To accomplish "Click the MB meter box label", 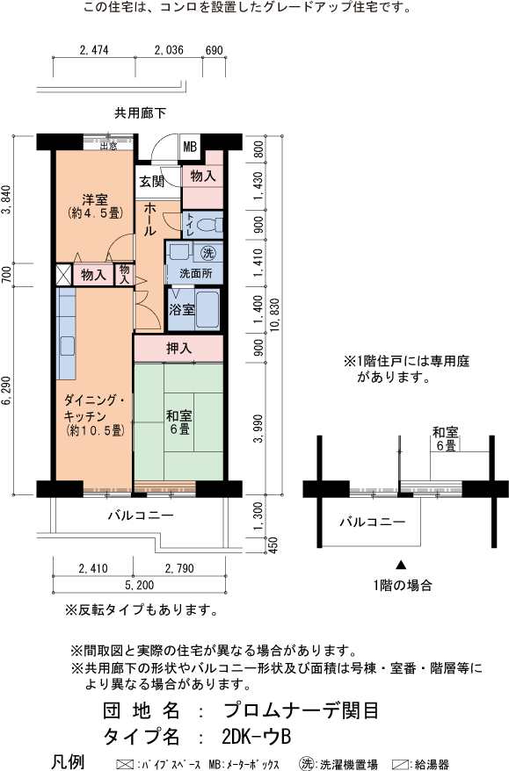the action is [x=190, y=147].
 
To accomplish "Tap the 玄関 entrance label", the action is [x=151, y=182].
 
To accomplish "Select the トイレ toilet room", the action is [x=203, y=224].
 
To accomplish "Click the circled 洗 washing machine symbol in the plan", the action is [x=208, y=253].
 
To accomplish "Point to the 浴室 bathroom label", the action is [x=182, y=309].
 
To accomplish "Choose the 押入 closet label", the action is [x=178, y=348].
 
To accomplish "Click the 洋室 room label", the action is [x=95, y=199].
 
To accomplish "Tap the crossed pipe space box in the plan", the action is [x=64, y=274].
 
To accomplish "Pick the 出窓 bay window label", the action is [x=108, y=146].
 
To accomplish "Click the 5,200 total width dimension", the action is [x=139, y=585].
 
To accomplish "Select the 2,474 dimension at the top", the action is [x=93, y=50].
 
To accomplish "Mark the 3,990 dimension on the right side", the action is [x=258, y=429].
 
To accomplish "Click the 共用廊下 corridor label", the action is [x=141, y=113].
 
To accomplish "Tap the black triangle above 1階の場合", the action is [x=402, y=565].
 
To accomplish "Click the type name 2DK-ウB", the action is [x=257, y=737].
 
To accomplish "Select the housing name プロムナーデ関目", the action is [x=302, y=710].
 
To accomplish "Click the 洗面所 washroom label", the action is [x=195, y=273].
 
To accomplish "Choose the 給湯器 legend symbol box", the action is [x=400, y=765].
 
